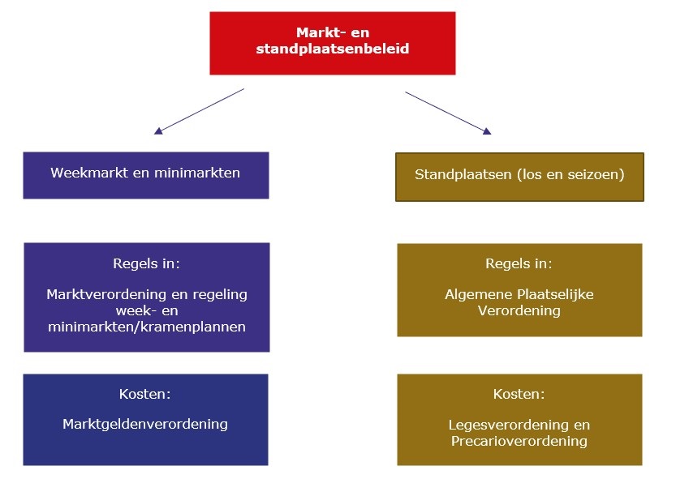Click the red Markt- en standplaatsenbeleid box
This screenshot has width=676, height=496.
(x=333, y=43)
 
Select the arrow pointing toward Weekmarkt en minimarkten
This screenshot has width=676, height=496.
(x=199, y=112)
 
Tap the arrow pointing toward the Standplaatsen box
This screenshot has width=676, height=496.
(x=448, y=113)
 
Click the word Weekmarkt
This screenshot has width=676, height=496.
(x=89, y=173)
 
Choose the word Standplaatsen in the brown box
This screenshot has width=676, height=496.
(x=463, y=174)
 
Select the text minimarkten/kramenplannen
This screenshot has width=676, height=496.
(x=147, y=327)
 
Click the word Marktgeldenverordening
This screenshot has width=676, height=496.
(x=145, y=424)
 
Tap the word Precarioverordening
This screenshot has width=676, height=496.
(x=519, y=441)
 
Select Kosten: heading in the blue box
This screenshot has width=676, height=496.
(x=144, y=394)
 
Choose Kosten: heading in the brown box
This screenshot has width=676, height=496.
(x=519, y=394)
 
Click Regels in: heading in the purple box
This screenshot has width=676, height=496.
(x=146, y=263)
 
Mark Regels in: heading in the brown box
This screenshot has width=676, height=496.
(x=519, y=263)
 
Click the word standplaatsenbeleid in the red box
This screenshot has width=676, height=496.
(x=333, y=49)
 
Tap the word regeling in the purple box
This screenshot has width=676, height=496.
(x=220, y=295)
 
